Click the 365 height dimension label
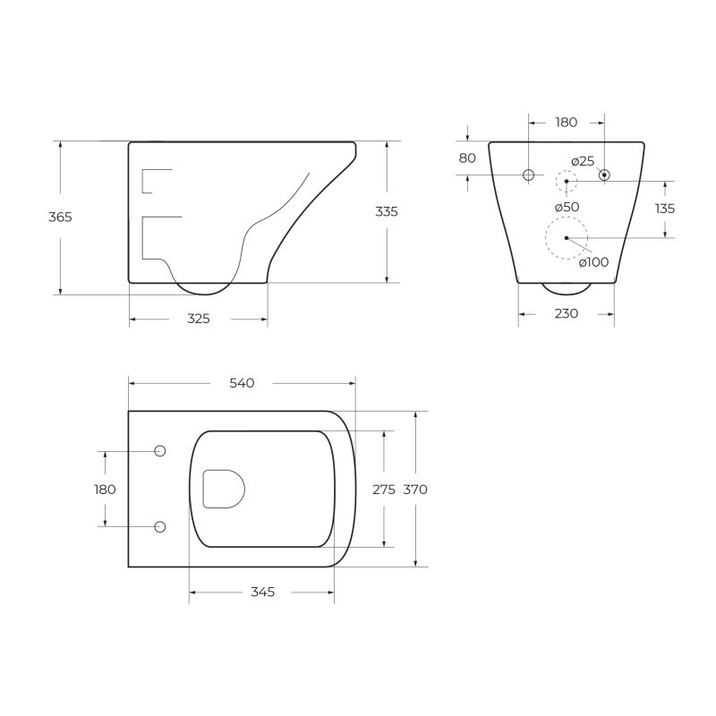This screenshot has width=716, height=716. pyautogui.click(x=60, y=217)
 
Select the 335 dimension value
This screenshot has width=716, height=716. pyautogui.click(x=387, y=211)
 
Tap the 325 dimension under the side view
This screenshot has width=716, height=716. pyautogui.click(x=199, y=319)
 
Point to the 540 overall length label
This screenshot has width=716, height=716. pyautogui.click(x=242, y=383)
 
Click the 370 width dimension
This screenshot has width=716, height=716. pyautogui.click(x=415, y=490)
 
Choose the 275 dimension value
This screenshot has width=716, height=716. pyautogui.click(x=383, y=490)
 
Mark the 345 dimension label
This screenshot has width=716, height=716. pyautogui.click(x=262, y=592)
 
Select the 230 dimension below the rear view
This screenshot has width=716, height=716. pyautogui.click(x=567, y=313)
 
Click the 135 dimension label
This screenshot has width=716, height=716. pyautogui.click(x=664, y=209)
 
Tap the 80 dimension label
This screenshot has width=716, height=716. pyautogui.click(x=467, y=158)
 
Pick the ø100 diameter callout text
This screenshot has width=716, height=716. pyautogui.click(x=593, y=262)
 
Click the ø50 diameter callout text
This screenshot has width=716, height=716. pyautogui.click(x=567, y=207)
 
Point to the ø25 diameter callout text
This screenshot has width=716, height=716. pyautogui.click(x=583, y=160)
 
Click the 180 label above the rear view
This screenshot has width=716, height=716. pyautogui.click(x=567, y=123)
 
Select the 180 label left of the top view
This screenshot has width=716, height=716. pyautogui.click(x=105, y=490)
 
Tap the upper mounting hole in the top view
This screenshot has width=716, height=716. pyautogui.click(x=160, y=450)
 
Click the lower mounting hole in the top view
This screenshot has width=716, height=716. pyautogui.click(x=160, y=526)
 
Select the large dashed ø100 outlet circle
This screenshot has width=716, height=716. pyautogui.click(x=567, y=238)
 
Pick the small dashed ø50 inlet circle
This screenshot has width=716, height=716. pyautogui.click(x=567, y=182)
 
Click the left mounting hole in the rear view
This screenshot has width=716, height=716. pyautogui.click(x=528, y=175)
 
